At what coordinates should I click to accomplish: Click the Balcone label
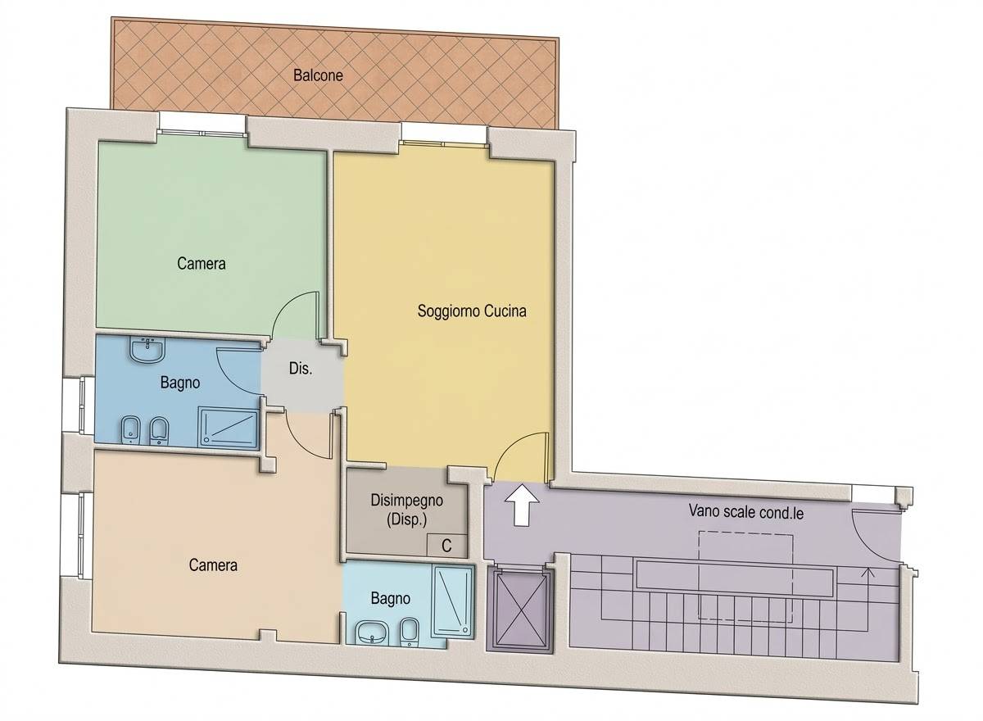click(x=318, y=75)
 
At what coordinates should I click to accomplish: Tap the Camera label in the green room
click(x=202, y=263)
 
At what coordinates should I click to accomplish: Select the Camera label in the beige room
click(x=213, y=565)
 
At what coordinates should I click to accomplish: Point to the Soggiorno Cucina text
click(x=472, y=311)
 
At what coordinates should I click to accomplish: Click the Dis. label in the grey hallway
click(x=301, y=368)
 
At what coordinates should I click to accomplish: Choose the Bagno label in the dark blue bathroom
click(x=180, y=383)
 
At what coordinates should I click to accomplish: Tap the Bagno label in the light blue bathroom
click(x=391, y=599)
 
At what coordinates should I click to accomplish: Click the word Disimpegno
click(x=407, y=501)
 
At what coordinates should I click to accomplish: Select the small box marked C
click(x=446, y=546)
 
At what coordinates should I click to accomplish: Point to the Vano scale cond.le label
click(x=746, y=512)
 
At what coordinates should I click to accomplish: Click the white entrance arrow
click(x=522, y=505)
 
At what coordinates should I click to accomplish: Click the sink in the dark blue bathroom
click(x=147, y=350)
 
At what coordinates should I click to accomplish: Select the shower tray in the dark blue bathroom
click(x=229, y=428)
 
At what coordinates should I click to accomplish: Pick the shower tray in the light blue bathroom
click(x=454, y=601)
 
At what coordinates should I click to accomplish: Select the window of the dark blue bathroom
click(x=82, y=405)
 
